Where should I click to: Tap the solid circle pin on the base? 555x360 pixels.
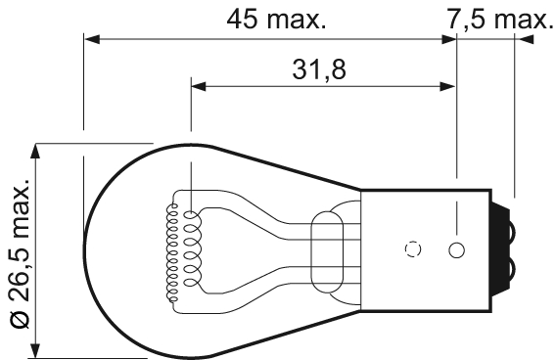click(456, 249)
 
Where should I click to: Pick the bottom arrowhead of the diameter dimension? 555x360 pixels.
click(37, 351)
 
